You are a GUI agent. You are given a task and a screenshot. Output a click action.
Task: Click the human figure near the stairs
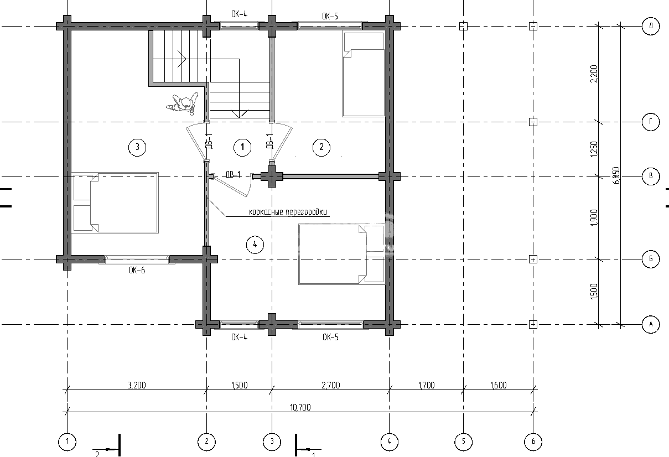[183, 103]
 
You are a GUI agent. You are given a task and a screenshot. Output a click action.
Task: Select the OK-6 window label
[137, 271]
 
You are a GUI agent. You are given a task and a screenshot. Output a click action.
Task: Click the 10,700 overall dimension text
[300, 407]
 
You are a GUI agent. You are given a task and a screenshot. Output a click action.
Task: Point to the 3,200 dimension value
[137, 385]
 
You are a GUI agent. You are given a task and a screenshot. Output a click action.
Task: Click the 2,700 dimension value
[330, 385]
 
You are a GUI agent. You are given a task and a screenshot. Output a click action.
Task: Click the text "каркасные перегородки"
[288, 212]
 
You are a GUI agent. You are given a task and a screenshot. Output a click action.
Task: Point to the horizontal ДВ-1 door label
[233, 174]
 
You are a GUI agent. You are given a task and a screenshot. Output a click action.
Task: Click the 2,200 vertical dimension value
[594, 74]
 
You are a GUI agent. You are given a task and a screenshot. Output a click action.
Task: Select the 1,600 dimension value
[498, 385]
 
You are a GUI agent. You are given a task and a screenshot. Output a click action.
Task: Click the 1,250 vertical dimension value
[594, 149]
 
